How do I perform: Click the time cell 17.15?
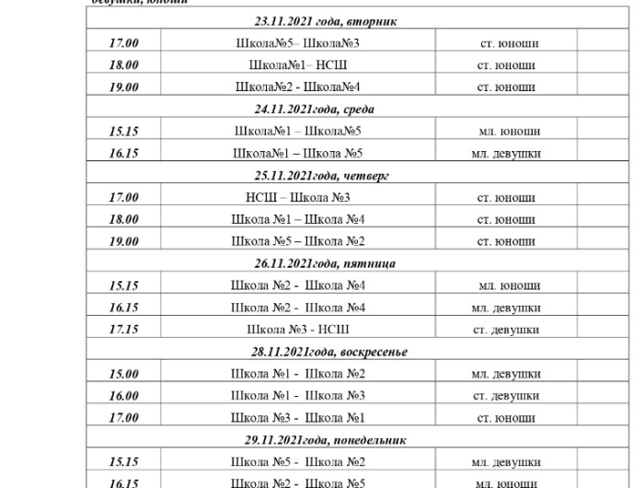(124, 330)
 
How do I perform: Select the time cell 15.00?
(124, 374)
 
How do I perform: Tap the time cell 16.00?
(124, 396)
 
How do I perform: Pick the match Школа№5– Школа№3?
(298, 43)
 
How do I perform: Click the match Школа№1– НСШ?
(298, 65)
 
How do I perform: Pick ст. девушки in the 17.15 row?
(506, 330)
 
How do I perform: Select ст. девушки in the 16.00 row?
(506, 396)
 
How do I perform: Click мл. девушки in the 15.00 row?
(506, 374)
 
